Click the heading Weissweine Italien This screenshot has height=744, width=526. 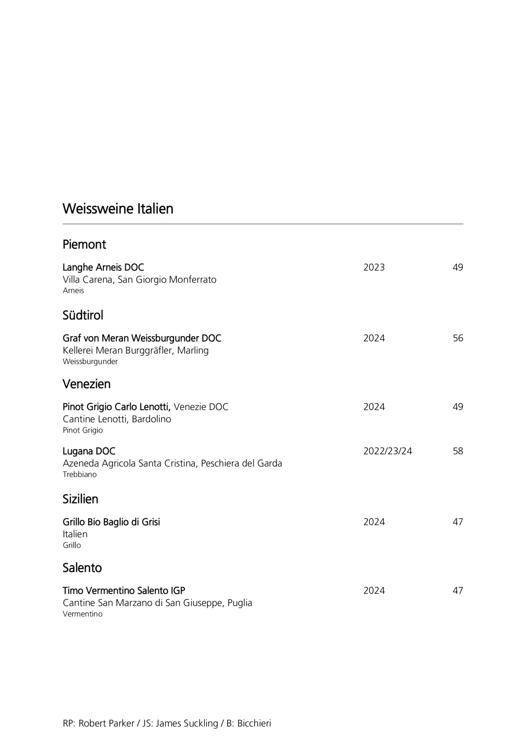tap(118, 209)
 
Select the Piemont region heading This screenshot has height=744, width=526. tap(84, 245)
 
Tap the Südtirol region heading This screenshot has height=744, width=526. tap(83, 316)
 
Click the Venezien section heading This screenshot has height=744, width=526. tap(87, 384)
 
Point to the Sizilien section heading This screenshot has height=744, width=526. tap(80, 499)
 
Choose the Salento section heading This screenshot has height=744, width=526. tap(82, 568)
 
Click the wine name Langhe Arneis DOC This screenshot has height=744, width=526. tap(103, 267)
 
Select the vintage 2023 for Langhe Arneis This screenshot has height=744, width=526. tap(374, 267)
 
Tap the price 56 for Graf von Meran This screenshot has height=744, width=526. tap(458, 338)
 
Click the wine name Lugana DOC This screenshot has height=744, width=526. tap(89, 451)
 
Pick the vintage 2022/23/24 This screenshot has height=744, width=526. tap(388, 451)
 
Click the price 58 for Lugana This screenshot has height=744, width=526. tap(458, 451)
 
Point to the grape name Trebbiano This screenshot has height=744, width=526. tap(80, 474)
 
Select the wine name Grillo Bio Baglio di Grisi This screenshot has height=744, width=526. tap(111, 522)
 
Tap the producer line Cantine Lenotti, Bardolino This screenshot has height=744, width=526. tap(117, 419)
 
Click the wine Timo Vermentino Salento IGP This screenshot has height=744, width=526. tap(124, 591)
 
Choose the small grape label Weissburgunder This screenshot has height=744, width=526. tap(90, 362)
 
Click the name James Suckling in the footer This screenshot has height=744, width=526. tap(187, 723)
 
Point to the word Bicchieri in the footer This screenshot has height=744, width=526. tap(254, 723)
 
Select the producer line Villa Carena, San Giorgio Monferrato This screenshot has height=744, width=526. tap(139, 280)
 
